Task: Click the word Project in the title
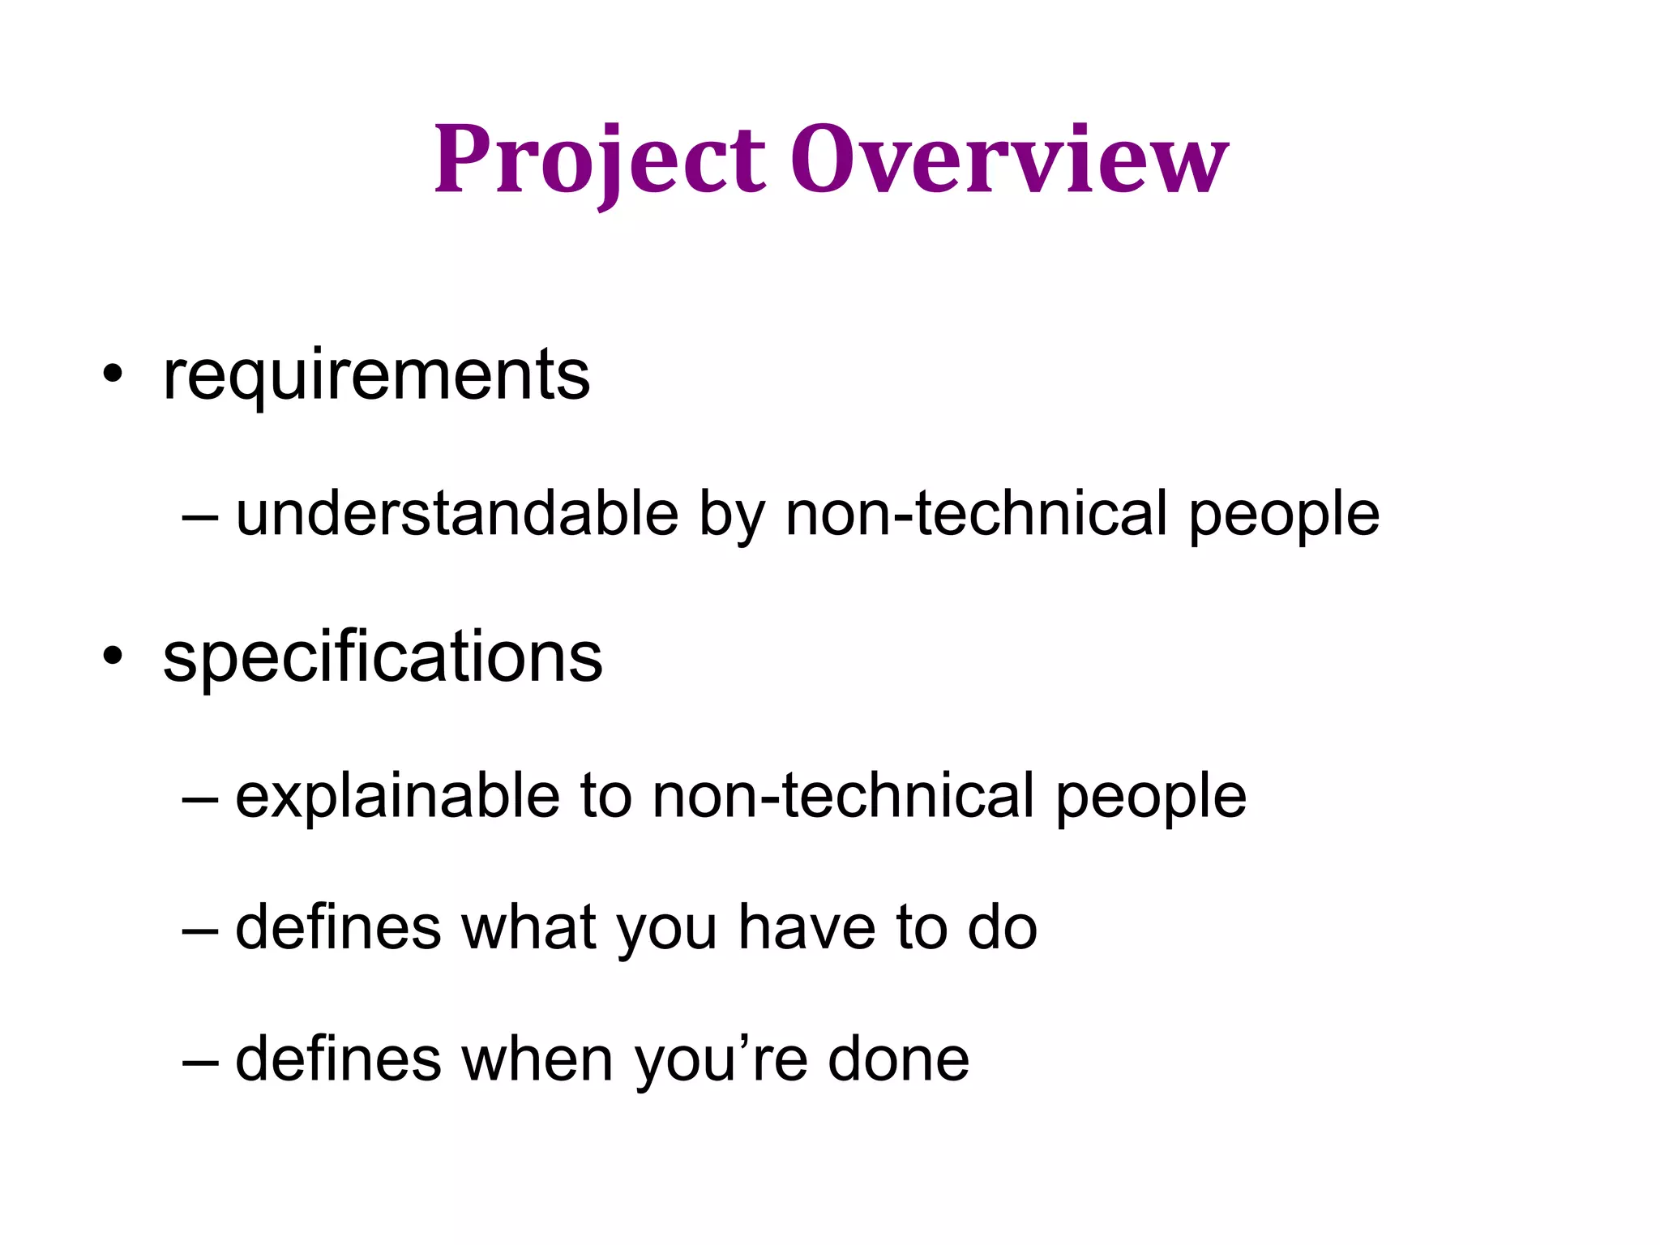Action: (599, 160)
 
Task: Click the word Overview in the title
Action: (1009, 160)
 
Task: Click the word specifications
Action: (383, 657)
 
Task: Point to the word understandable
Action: (456, 514)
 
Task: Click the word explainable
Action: (397, 796)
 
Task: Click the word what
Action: (528, 927)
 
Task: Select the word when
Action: (537, 1059)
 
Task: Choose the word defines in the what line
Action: (338, 927)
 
